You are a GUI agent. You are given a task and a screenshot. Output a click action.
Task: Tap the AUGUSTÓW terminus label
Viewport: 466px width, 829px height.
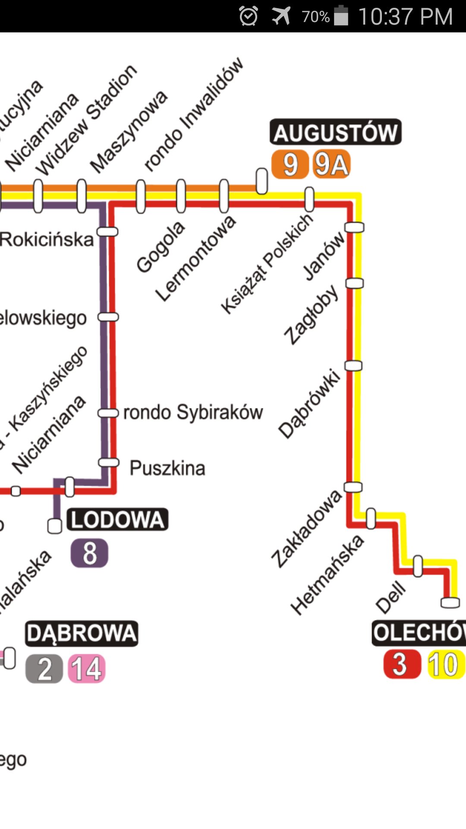point(335,132)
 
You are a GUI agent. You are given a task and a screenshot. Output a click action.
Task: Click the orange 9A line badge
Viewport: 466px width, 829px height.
point(331,165)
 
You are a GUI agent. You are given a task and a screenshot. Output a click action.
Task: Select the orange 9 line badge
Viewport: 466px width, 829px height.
point(290,165)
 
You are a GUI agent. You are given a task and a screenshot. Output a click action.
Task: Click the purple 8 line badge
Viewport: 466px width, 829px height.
point(89,553)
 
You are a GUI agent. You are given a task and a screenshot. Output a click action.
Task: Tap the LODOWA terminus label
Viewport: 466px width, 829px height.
point(117,519)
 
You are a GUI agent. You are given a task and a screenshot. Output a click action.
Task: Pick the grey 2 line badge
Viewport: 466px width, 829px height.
point(44,669)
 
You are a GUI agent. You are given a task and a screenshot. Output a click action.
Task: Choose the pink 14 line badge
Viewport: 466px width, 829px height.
point(87,669)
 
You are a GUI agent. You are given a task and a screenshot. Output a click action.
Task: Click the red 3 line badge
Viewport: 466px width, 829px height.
point(401,664)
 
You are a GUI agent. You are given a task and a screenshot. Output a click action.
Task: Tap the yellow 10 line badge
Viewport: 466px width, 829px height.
point(444,664)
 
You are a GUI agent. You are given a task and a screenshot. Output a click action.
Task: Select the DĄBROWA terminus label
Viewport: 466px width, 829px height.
point(82,633)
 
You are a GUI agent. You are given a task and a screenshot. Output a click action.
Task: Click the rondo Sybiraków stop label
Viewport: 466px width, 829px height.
point(193,412)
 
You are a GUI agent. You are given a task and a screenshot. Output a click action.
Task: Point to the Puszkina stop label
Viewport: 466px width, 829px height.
point(167,468)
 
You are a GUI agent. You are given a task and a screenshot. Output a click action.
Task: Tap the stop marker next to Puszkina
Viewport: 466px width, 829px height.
point(108,462)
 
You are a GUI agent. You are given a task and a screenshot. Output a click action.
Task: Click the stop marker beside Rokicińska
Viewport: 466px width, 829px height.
point(107,232)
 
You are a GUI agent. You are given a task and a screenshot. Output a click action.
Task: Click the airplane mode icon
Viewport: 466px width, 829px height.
point(281,16)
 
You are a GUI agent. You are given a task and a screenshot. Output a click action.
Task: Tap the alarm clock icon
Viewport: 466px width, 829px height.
point(249,16)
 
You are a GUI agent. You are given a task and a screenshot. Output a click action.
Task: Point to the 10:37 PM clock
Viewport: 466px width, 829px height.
point(405,16)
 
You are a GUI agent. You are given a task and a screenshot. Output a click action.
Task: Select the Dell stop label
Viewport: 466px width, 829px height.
point(391,598)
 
